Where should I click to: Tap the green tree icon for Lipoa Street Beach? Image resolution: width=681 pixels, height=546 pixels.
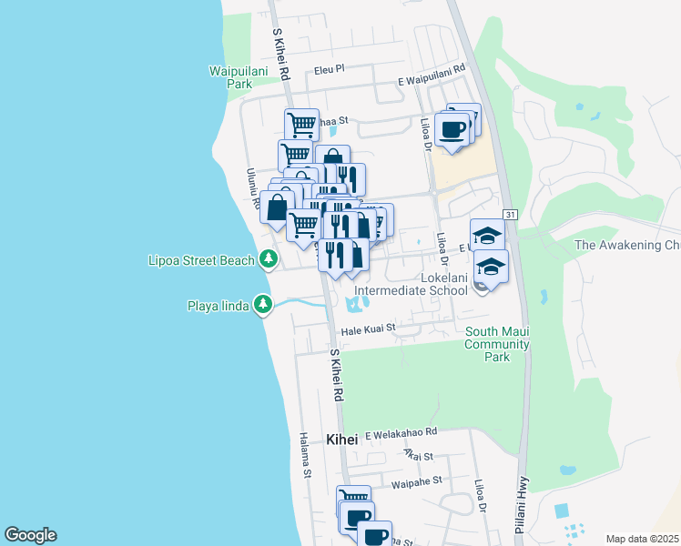coord(268,260)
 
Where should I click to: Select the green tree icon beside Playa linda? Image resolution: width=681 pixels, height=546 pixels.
coord(263,304)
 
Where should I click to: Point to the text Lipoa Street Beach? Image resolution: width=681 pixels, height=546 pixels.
coord(201,261)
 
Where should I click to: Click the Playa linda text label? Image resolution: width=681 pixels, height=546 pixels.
coord(219,305)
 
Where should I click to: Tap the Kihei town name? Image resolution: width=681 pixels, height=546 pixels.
coord(345,440)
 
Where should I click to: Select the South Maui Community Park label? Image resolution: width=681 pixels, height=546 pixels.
coord(497,344)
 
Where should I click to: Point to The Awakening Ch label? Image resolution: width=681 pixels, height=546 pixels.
coord(627,245)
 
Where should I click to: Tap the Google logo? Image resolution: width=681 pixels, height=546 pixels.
coord(30,534)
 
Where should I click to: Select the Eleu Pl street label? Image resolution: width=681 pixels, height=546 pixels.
coord(330,68)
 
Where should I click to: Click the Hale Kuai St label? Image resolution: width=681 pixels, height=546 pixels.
coord(368,328)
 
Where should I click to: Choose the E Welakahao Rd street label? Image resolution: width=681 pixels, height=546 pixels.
coord(401,433)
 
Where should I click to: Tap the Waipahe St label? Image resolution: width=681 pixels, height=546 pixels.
coord(415,480)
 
